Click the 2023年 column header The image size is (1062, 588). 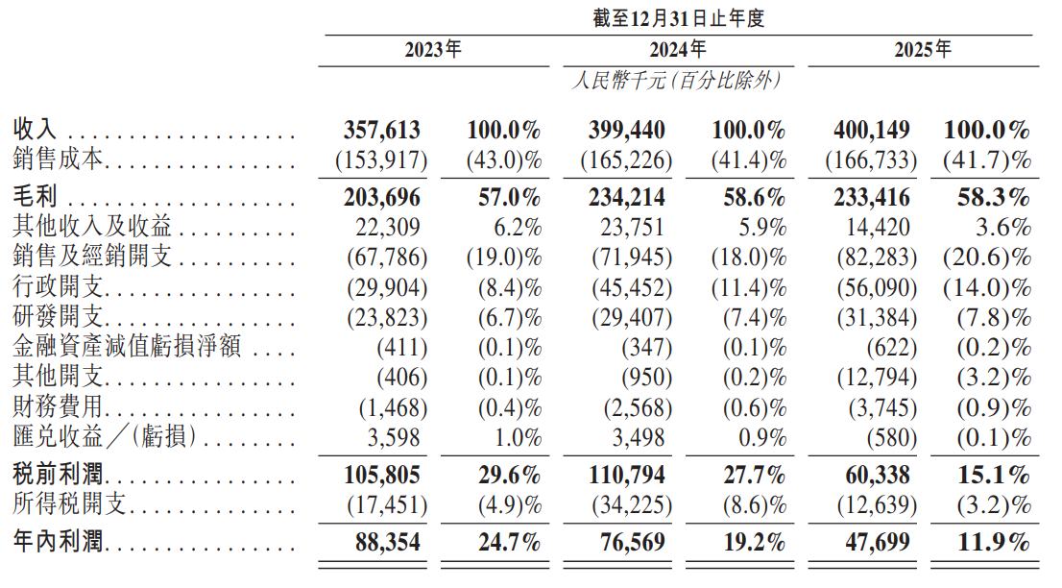[432, 50]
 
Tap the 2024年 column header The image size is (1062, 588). [678, 50]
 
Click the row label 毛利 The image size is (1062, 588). [36, 198]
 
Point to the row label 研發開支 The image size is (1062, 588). [58, 318]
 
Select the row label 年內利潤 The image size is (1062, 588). [58, 544]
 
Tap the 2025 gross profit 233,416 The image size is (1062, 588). [871, 198]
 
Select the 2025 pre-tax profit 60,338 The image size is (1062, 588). [879, 476]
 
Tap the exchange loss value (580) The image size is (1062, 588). [886, 438]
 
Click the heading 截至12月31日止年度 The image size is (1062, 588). [678, 18]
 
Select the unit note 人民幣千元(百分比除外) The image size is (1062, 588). [674, 81]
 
